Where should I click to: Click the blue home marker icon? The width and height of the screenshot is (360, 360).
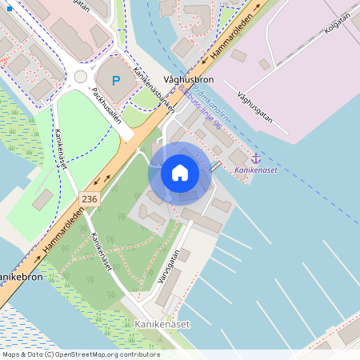[180, 173]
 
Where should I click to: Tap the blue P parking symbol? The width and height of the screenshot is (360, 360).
[116, 80]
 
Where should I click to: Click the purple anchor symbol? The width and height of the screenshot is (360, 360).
[256, 159]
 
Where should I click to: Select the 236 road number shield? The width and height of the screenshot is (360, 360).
[89, 198]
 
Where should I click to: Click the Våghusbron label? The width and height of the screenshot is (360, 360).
[188, 80]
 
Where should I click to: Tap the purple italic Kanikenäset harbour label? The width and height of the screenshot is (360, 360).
[257, 170]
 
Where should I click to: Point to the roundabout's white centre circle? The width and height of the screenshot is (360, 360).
[80, 77]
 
